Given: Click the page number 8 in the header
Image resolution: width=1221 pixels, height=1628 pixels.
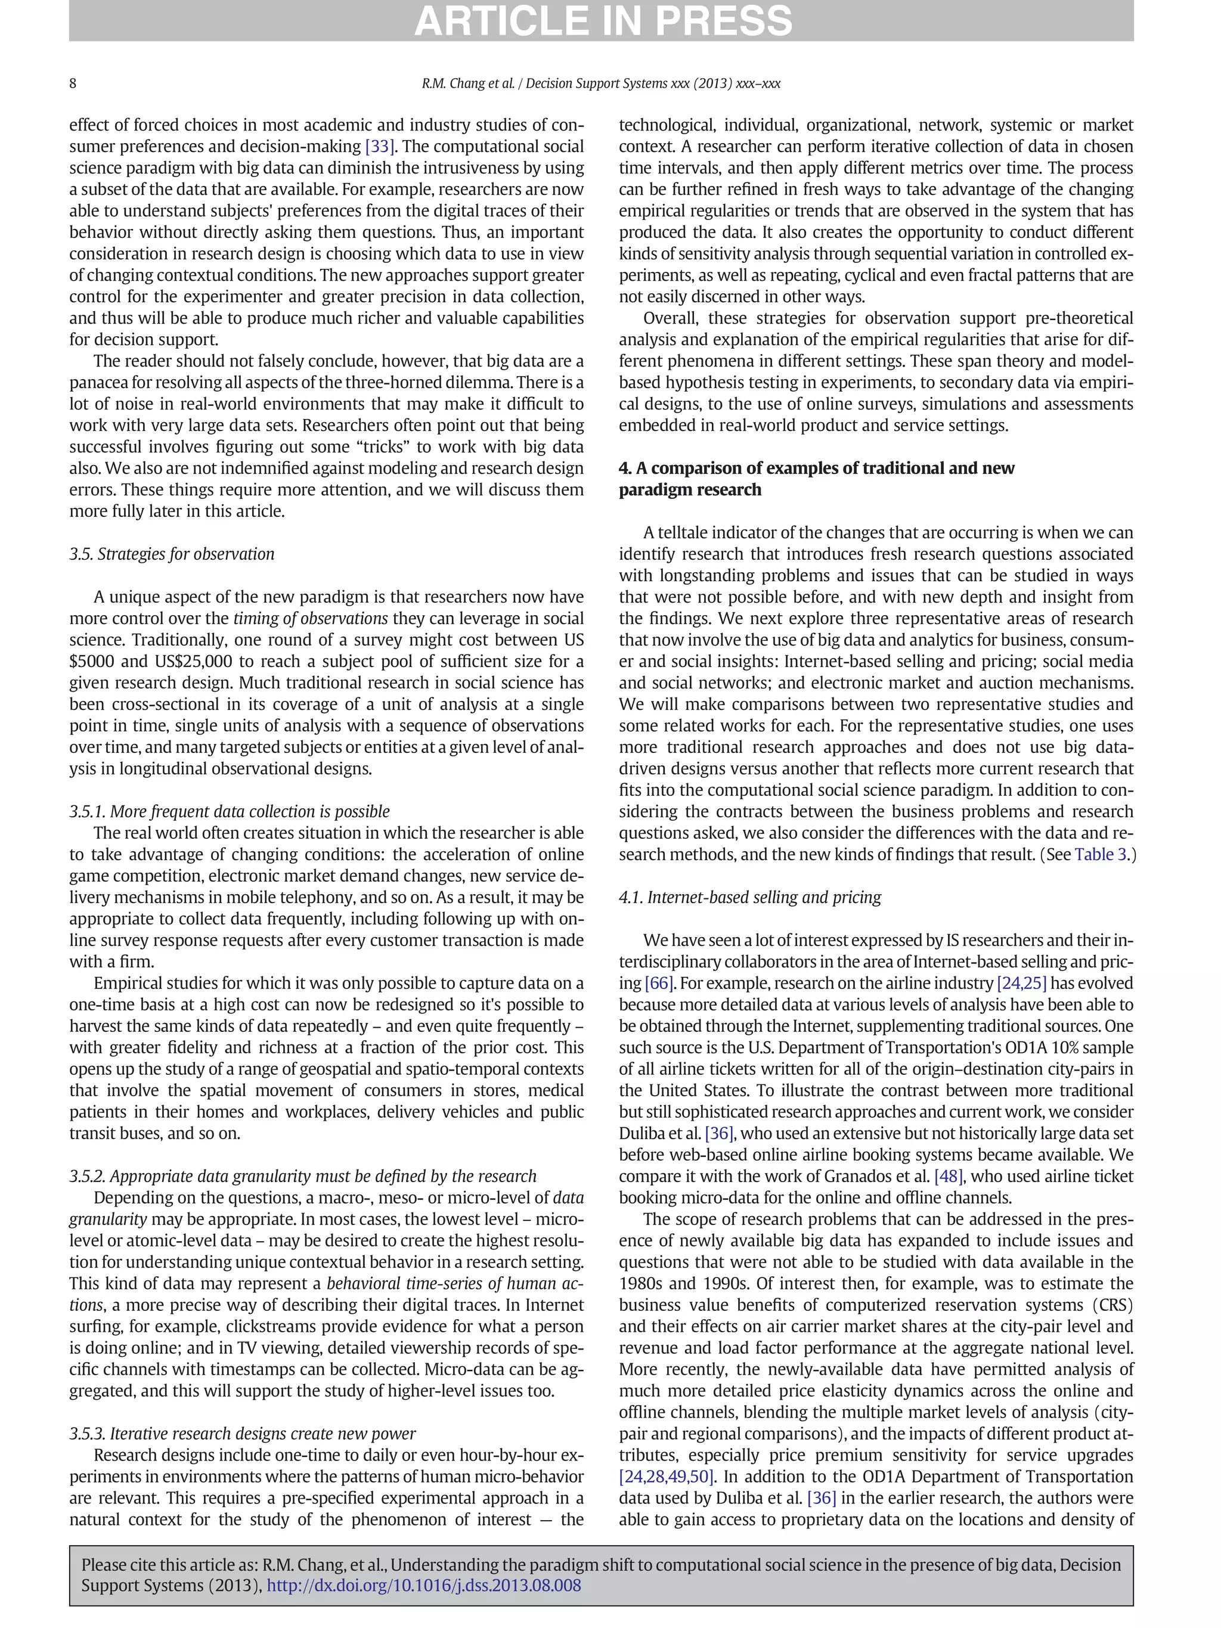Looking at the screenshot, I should (x=73, y=83).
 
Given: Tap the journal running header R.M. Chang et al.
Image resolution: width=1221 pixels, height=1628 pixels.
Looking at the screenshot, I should (x=600, y=83).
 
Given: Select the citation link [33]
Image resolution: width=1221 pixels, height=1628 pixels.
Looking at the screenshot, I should (x=380, y=147).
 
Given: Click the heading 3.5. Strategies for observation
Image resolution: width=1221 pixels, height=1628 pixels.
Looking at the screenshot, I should (x=172, y=554).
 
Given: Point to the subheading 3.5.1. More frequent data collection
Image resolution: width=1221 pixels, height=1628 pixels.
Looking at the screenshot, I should (x=230, y=811).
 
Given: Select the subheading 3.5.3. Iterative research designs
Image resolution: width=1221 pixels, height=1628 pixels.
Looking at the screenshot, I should (x=242, y=1433).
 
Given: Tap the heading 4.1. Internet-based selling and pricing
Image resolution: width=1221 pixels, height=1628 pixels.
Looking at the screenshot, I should (x=749, y=897).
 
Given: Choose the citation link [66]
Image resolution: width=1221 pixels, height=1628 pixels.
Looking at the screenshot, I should (x=657, y=983).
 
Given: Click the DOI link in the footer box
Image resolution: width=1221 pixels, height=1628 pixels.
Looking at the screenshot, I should (x=423, y=1585).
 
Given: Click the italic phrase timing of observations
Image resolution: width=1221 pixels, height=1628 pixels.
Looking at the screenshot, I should (x=310, y=618).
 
